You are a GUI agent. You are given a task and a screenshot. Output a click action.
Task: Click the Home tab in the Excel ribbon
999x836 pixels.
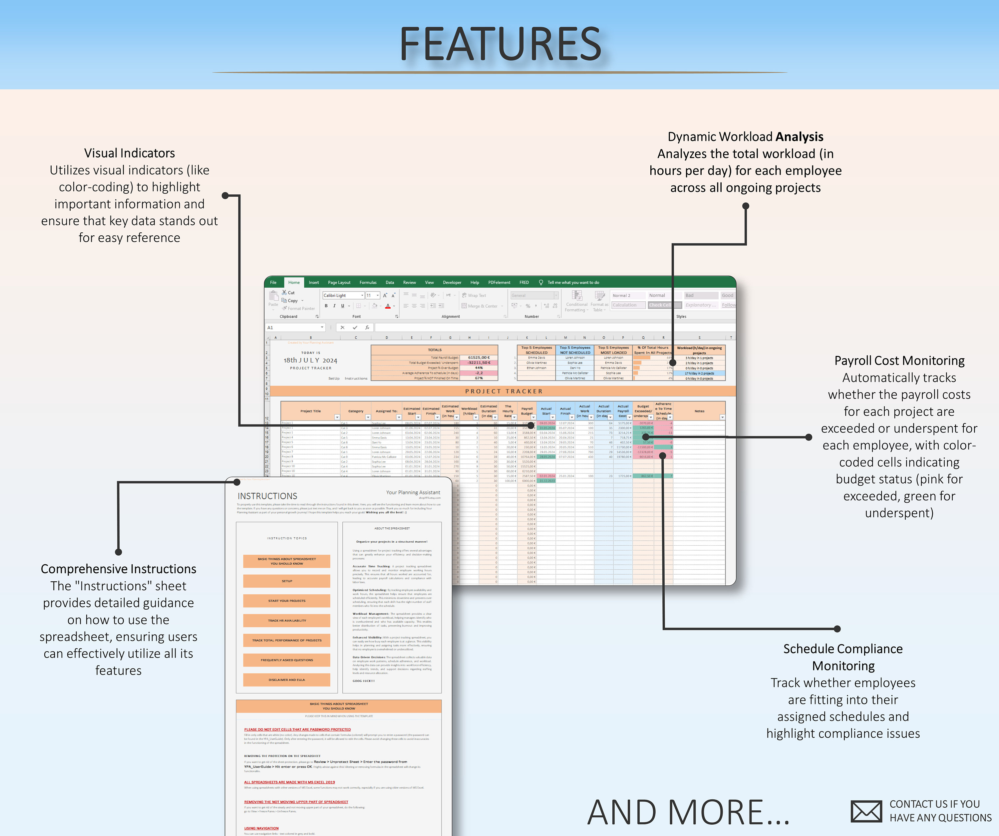tap(294, 282)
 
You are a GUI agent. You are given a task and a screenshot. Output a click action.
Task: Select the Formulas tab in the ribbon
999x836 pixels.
tap(368, 282)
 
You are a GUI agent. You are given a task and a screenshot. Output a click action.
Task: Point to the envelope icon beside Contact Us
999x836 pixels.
tap(866, 811)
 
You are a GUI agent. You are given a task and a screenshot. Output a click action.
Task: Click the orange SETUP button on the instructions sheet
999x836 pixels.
tap(287, 581)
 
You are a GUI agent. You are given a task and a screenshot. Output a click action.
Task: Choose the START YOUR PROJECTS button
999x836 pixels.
tap(287, 601)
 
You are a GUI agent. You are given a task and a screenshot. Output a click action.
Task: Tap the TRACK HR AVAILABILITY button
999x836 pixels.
tap(287, 621)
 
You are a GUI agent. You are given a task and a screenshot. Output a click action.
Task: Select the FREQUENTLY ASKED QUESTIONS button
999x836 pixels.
tap(287, 660)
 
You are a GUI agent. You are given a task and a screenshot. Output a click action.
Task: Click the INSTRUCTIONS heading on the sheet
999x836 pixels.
tap(267, 496)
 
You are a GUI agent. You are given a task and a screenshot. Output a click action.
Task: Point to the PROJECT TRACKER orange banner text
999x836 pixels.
tap(504, 392)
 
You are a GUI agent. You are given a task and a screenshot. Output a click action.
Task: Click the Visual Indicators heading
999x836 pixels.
tap(130, 153)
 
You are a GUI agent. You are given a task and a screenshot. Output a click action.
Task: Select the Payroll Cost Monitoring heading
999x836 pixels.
tap(899, 361)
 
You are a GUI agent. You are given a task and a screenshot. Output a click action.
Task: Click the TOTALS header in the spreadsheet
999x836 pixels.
tap(434, 350)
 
